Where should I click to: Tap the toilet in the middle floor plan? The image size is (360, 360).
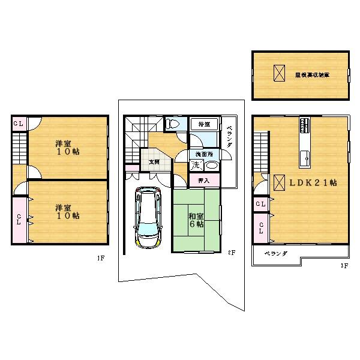click(173, 124)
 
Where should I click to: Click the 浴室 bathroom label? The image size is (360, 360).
click(204, 124)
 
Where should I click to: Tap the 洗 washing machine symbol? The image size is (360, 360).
click(196, 164)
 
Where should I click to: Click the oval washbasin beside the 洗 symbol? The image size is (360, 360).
click(212, 166)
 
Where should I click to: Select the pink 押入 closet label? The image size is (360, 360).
click(204, 180)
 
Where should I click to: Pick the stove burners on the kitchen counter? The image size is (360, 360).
click(305, 125)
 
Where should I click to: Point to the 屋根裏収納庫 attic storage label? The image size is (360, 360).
click(312, 75)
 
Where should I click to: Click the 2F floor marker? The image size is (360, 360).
click(231, 253)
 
